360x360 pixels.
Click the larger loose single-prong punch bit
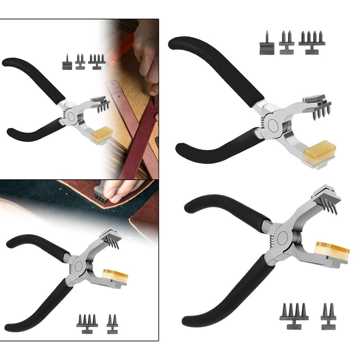[x=267, y=44]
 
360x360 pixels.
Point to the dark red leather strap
[x=141, y=141]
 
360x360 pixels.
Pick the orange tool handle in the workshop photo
[x=121, y=49]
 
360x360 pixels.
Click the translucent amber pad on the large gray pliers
[x=332, y=252]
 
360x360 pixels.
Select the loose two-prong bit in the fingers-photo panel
[x=112, y=323]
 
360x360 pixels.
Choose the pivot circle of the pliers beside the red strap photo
[x=72, y=117]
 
